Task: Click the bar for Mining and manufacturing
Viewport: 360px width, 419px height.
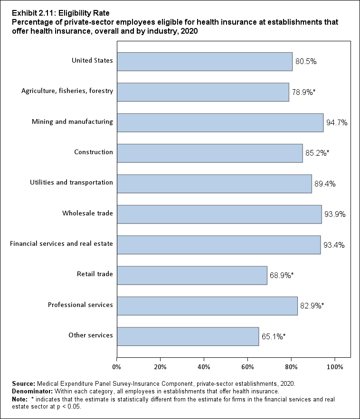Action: pyautogui.click(x=220, y=122)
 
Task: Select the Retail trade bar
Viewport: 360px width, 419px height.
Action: pyautogui.click(x=192, y=275)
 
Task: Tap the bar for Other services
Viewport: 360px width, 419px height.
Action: pyautogui.click(x=188, y=336)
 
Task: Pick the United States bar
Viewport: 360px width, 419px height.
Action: pyautogui.click(x=204, y=61)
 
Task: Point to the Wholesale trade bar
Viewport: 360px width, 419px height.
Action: pyautogui.click(x=219, y=214)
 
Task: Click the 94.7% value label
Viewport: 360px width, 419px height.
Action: pyautogui.click(x=337, y=123)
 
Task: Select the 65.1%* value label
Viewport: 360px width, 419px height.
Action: pyautogui.click(x=274, y=337)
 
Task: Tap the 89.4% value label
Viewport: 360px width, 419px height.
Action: pyautogui.click(x=325, y=184)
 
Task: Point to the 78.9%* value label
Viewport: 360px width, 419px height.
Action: pyautogui.click(x=303, y=92)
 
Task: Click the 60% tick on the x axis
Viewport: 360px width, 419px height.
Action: pyautogui.click(x=247, y=366)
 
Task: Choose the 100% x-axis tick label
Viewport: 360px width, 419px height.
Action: pyautogui.click(x=335, y=366)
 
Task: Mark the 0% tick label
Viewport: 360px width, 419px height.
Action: pyautogui.click(x=116, y=366)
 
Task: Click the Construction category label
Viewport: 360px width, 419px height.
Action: pyautogui.click(x=94, y=152)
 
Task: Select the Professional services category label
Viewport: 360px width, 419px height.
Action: pyautogui.click(x=80, y=305)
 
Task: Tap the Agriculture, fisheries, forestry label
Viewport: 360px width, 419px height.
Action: pyautogui.click(x=67, y=91)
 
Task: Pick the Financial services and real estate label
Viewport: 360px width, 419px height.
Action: pyautogui.click(x=61, y=244)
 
